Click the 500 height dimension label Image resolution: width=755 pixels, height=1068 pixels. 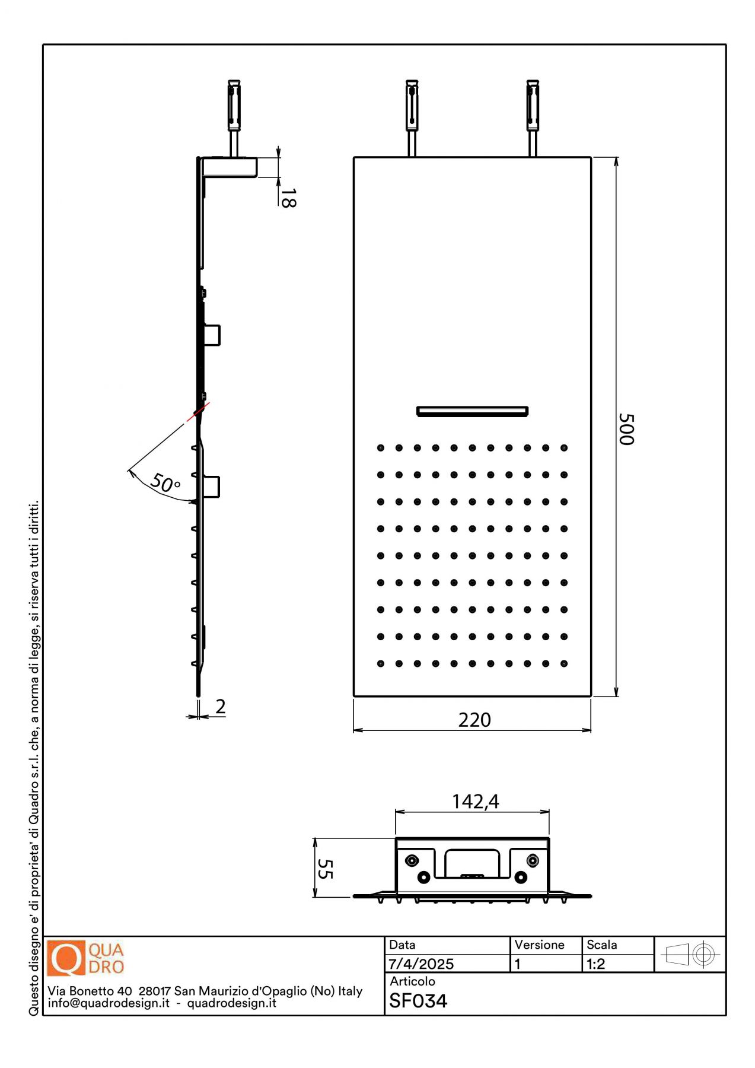[626, 429]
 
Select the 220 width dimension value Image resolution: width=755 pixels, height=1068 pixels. [474, 720]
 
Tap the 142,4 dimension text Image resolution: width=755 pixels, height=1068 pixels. [475, 802]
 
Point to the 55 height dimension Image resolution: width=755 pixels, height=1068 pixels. [325, 869]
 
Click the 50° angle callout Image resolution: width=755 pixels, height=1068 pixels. [165, 483]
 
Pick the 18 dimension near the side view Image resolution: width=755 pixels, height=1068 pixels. [288, 198]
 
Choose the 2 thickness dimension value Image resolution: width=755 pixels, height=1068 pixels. [221, 706]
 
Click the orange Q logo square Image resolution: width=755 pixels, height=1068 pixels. [66, 958]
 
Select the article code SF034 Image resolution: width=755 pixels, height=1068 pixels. [418, 1001]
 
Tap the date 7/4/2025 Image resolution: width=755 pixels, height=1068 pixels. [421, 964]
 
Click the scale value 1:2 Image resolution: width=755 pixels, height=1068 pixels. [596, 964]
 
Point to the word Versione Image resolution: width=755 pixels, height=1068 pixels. [539, 945]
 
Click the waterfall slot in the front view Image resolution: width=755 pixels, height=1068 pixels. [472, 411]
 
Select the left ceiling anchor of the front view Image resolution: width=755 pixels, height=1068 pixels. [412, 118]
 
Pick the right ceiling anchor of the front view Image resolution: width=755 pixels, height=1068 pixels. [533, 118]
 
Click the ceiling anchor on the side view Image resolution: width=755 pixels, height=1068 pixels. [234, 118]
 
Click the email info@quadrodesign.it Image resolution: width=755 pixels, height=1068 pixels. [109, 1003]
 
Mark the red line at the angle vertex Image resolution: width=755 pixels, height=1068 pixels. [198, 412]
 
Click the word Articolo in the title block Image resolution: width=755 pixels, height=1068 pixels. [412, 981]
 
